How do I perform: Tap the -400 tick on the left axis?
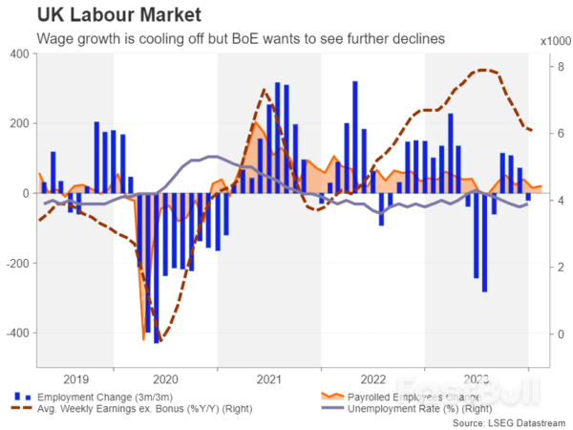pos(16,333)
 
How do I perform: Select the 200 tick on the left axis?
pos(18,123)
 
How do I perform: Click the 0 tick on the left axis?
pos(25,193)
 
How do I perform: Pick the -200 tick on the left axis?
pos(16,263)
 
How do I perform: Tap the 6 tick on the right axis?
pos(541,134)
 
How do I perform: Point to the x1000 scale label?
pos(553,41)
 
